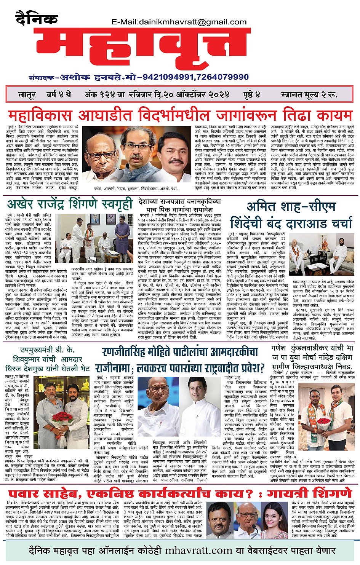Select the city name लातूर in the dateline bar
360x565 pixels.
click(27, 95)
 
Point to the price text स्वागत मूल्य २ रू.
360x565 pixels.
click(309, 95)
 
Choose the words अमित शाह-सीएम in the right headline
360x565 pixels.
click(291, 207)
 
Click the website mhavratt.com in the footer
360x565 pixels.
click(198, 551)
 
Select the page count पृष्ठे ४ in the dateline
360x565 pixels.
click(252, 95)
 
